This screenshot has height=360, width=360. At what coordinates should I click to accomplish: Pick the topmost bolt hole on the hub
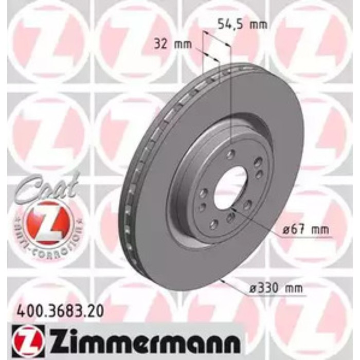point(230,154)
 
